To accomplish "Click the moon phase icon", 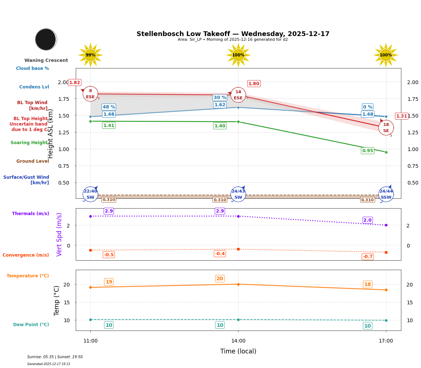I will point(46,39).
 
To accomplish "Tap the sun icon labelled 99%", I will point(90,55).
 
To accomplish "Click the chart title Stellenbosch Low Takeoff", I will point(233,34).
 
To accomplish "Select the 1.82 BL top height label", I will point(75,83).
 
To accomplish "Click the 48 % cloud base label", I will point(109,107).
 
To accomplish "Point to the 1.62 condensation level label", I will point(220,105).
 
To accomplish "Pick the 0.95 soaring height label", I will point(367,151).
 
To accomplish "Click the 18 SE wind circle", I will point(386,128).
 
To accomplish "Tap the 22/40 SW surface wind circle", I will point(90,194).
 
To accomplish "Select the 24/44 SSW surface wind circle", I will point(386,194).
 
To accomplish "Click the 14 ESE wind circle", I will point(238,95).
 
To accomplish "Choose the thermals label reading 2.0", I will point(367,220).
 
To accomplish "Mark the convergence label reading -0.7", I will point(367,257).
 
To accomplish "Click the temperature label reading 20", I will point(220,279).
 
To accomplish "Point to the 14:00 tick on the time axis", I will point(238,341).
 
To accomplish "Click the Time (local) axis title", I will point(238,351).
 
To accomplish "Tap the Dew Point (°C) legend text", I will point(31,325).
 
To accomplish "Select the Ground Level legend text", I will point(32,161).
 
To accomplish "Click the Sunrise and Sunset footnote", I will point(55,357).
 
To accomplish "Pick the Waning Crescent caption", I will point(46,60).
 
